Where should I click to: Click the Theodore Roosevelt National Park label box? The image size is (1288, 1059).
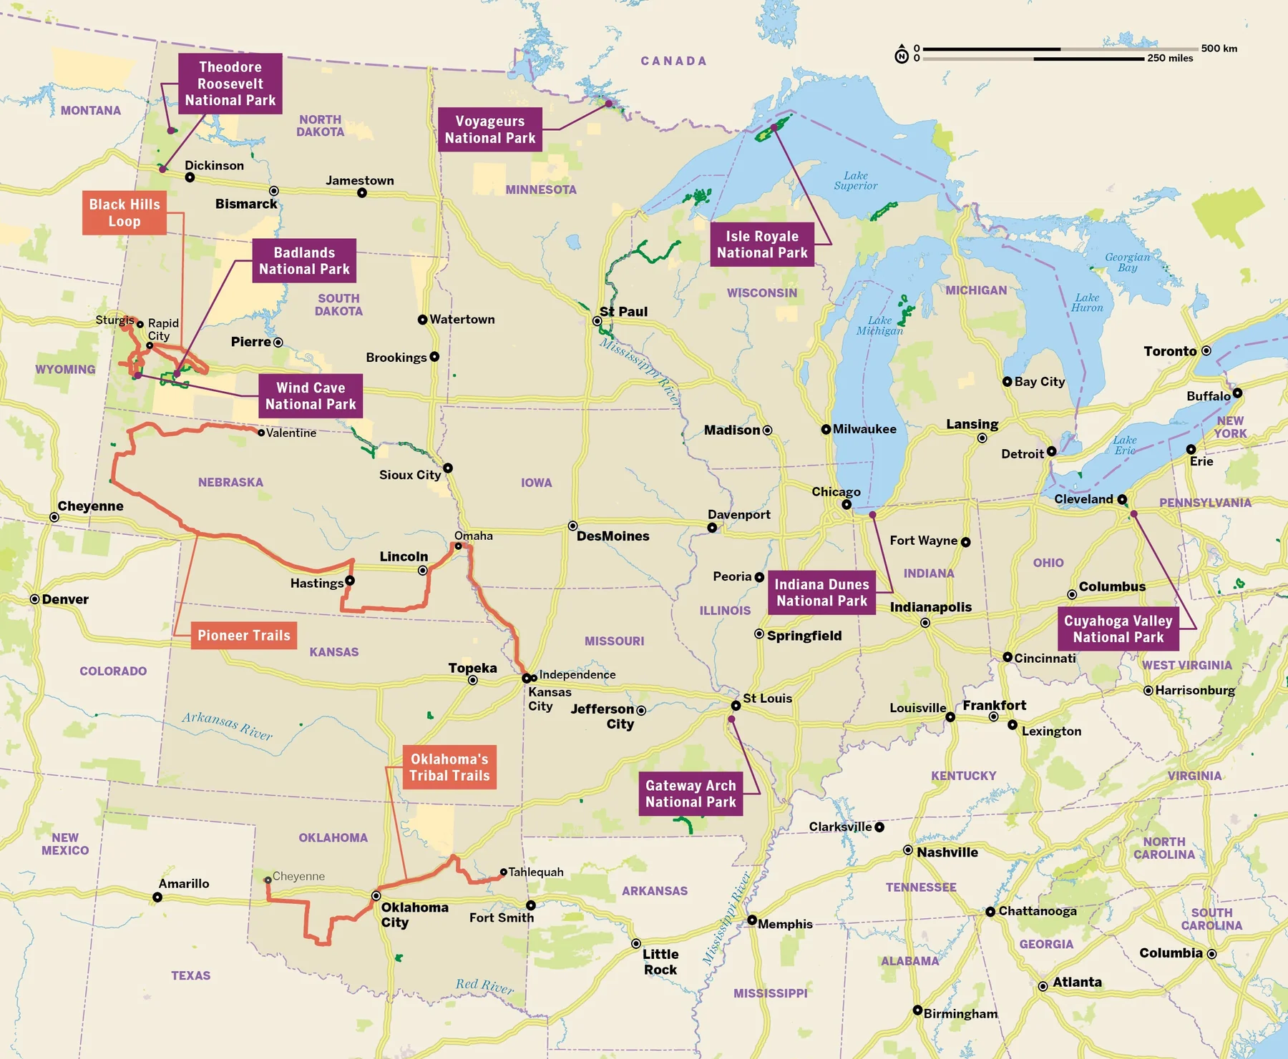pyautogui.click(x=230, y=84)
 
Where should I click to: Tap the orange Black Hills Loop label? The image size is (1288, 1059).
pyautogui.click(x=125, y=212)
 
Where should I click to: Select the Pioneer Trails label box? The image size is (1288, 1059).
pyautogui.click(x=243, y=635)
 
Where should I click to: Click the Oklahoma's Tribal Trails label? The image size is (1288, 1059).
pyautogui.click(x=449, y=767)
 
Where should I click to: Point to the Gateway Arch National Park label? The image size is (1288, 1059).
pyautogui.click(x=691, y=794)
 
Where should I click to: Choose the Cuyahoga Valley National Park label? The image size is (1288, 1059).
pyautogui.click(x=1118, y=629)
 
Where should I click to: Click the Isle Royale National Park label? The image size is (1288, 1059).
pyautogui.click(x=762, y=245)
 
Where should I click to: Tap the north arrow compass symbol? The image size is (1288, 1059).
pyautogui.click(x=902, y=55)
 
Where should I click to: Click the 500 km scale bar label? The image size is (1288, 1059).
pyautogui.click(x=1219, y=49)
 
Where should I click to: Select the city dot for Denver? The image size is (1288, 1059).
pyautogui.click(x=34, y=599)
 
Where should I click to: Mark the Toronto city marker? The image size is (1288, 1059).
pyautogui.click(x=1206, y=351)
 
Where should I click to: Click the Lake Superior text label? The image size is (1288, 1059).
pyautogui.click(x=855, y=181)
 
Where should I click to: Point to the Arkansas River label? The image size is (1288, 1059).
pyautogui.click(x=227, y=726)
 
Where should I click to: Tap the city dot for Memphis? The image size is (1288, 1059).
pyautogui.click(x=752, y=920)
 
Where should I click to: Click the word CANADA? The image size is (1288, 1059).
pyautogui.click(x=673, y=61)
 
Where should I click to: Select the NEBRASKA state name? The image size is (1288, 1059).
pyautogui.click(x=230, y=483)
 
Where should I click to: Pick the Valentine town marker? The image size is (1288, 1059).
pyautogui.click(x=261, y=433)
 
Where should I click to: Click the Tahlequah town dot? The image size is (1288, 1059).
pyautogui.click(x=503, y=872)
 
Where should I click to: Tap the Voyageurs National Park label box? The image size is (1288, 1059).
pyautogui.click(x=489, y=129)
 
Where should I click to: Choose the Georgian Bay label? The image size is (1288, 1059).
pyautogui.click(x=1127, y=262)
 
